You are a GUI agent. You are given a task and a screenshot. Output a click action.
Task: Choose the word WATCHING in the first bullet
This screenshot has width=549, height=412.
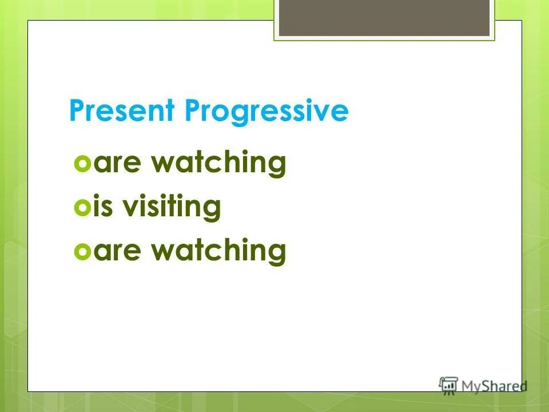[x=218, y=164]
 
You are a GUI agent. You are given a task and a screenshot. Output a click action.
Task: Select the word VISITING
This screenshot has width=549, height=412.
[x=173, y=207]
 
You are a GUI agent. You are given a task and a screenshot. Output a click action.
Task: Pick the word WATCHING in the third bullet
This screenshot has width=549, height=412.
[x=218, y=251]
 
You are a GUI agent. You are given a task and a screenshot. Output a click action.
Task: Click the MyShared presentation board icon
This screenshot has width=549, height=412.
[x=448, y=385]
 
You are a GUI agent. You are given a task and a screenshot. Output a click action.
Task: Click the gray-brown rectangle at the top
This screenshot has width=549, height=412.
[x=384, y=17]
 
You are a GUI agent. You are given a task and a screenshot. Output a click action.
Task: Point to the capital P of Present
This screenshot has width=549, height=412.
[x=76, y=111]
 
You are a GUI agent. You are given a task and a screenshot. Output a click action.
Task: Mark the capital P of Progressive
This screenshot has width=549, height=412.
[x=192, y=111]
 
